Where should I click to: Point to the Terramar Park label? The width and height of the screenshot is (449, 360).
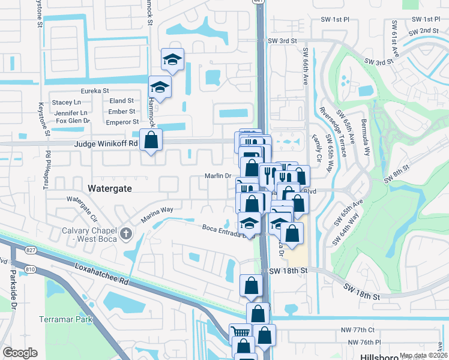(x=66, y=319)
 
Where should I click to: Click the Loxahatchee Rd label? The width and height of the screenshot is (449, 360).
(x=103, y=273)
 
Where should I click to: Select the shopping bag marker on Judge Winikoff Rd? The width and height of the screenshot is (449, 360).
(x=151, y=141)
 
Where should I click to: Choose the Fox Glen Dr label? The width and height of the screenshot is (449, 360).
(x=73, y=121)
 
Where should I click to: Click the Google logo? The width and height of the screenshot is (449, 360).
(x=20, y=352)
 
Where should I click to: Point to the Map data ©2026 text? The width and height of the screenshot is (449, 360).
(x=423, y=356)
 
